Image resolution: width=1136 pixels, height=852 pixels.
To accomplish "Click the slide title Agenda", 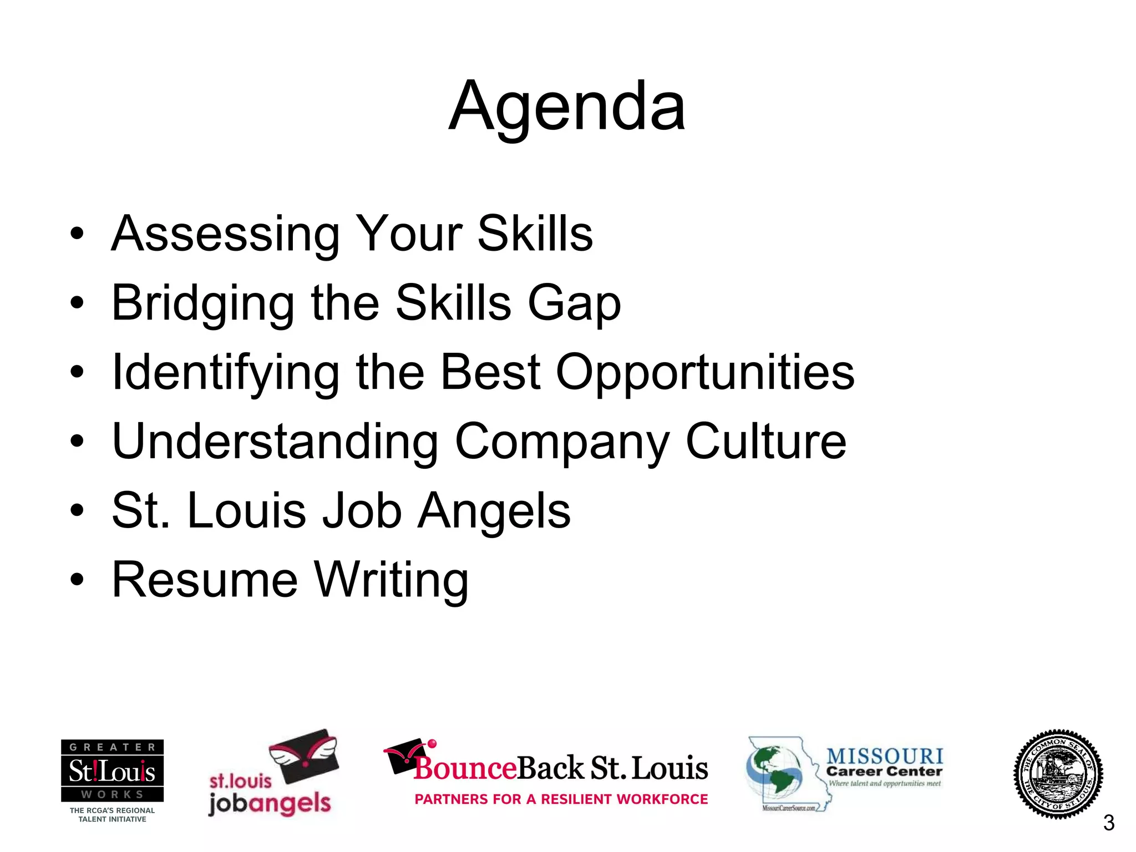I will (x=567, y=106).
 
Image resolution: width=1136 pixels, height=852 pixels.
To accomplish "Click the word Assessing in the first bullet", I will (x=225, y=234).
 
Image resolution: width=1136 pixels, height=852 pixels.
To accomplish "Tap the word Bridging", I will (x=203, y=303).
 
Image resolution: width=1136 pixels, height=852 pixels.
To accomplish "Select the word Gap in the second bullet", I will (x=574, y=303).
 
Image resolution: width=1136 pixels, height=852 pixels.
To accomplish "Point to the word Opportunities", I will (x=705, y=373).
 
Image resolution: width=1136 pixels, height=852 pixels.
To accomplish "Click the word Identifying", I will (x=225, y=373).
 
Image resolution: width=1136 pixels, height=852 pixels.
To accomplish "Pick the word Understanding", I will (x=275, y=442).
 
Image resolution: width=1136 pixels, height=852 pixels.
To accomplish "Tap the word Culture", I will (x=766, y=442).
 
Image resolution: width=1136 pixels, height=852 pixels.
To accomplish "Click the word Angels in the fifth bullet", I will (x=494, y=511).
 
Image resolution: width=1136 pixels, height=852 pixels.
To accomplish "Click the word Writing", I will (x=392, y=580).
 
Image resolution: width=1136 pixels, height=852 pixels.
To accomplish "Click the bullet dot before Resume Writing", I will (x=77, y=580).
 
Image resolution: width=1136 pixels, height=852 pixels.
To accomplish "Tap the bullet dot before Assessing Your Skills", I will (x=77, y=234).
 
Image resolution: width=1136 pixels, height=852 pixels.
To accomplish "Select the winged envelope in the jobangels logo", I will (x=304, y=755).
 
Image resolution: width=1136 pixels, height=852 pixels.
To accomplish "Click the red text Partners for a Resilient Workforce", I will (x=561, y=799).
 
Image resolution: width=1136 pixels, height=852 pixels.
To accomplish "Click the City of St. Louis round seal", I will (x=1058, y=774).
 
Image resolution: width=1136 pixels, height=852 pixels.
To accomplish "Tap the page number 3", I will (x=1108, y=823).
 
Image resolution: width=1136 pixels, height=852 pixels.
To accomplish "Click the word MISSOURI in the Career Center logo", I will (x=885, y=755).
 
